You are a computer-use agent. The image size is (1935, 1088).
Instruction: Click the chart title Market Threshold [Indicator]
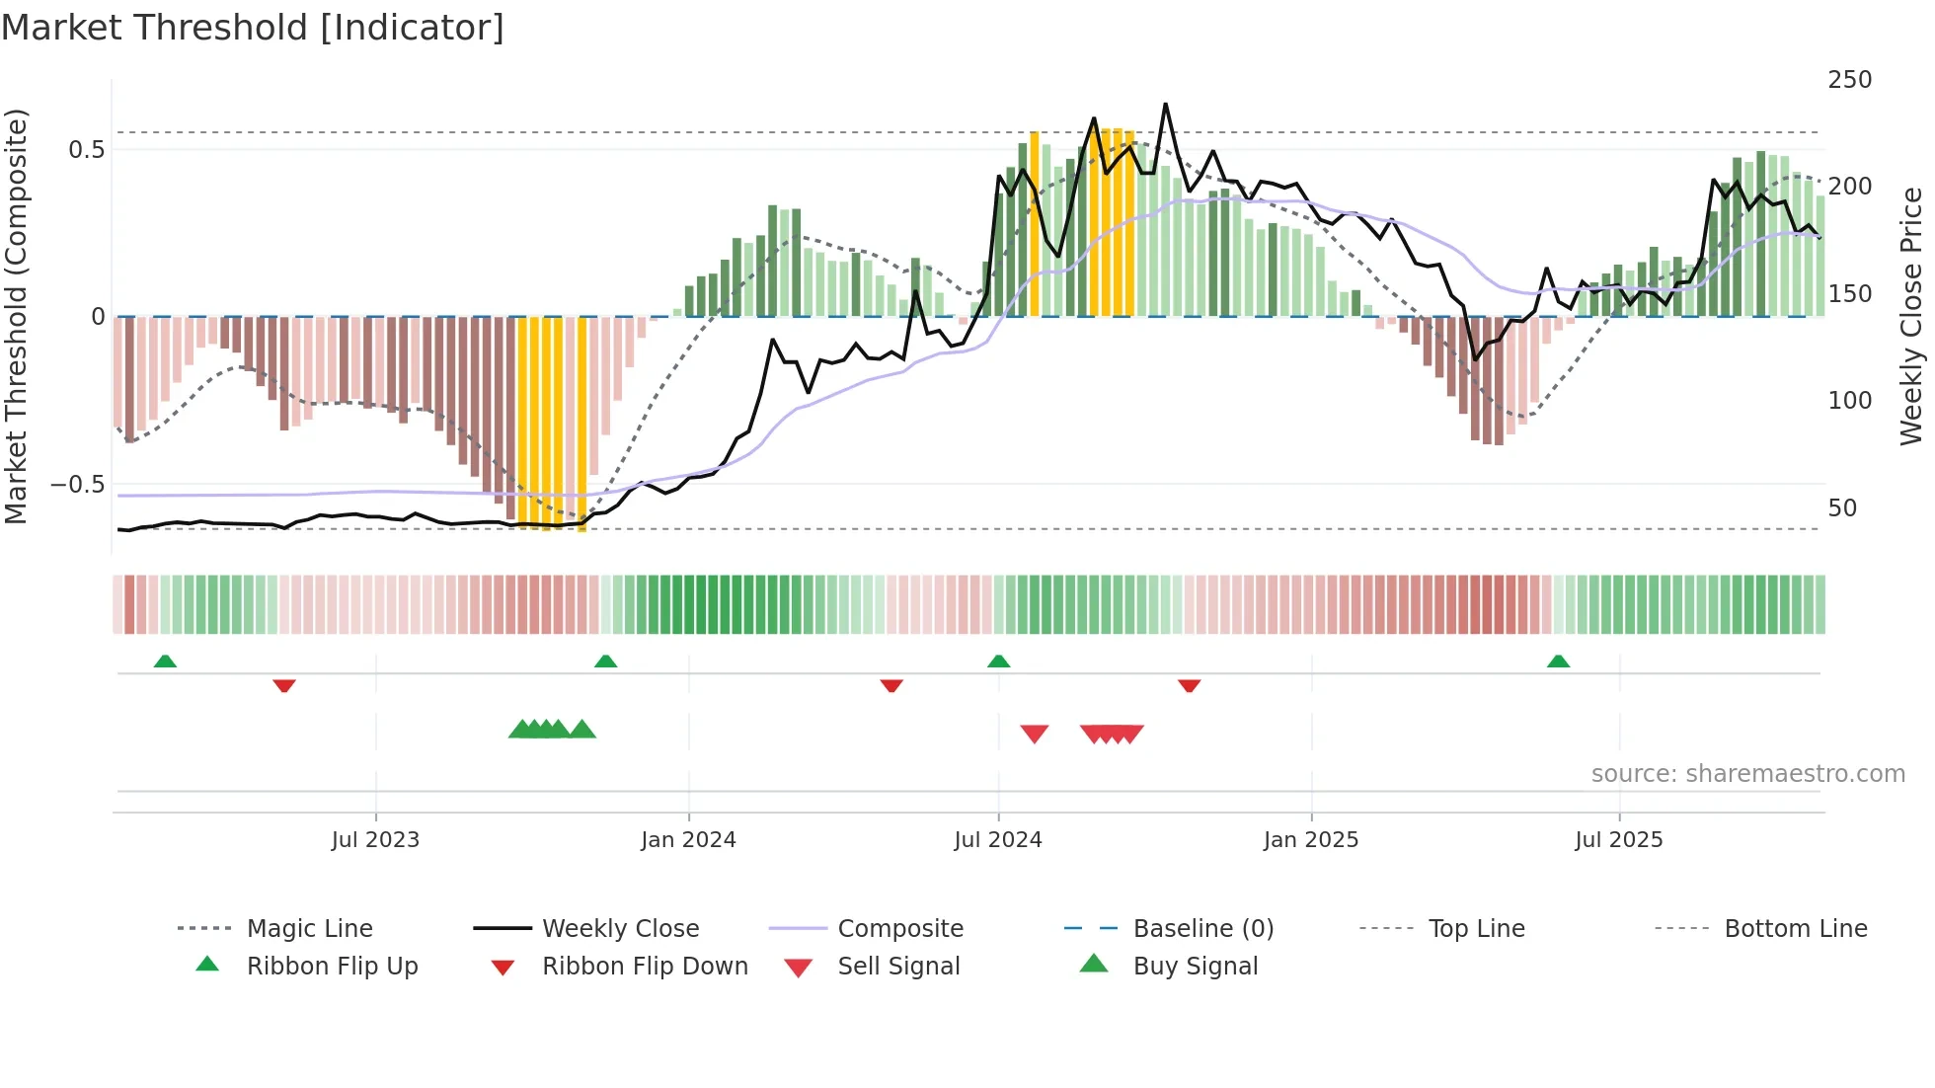[x=253, y=28]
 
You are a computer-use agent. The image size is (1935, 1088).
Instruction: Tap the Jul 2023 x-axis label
[x=375, y=840]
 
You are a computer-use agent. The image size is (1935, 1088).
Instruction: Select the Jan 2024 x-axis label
[x=688, y=840]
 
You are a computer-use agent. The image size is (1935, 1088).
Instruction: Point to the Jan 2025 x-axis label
[x=1311, y=840]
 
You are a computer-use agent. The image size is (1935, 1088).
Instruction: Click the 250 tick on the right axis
[x=1849, y=80]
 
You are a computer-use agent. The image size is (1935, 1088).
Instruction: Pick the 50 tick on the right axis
[x=1842, y=508]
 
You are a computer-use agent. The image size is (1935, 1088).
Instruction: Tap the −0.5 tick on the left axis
[x=78, y=484]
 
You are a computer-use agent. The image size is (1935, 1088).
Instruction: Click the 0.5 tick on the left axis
[x=86, y=149]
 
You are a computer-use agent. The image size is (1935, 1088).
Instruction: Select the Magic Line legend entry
[x=309, y=929]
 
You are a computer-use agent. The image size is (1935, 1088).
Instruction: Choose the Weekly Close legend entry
[x=620, y=929]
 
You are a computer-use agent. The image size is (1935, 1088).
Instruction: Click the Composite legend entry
[x=899, y=929]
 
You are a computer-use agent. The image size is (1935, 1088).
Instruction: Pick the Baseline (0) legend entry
[x=1202, y=929]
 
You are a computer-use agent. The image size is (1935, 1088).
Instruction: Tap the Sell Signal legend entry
[x=897, y=967]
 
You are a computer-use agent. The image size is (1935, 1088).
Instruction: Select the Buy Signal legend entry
[x=1195, y=967]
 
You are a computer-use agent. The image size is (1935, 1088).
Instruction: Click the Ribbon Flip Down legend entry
[x=644, y=967]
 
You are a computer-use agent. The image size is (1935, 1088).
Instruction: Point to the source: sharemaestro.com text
[x=1747, y=774]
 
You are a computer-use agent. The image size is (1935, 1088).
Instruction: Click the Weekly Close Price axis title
[x=1911, y=316]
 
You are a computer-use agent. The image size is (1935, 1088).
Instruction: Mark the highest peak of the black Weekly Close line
[x=1165, y=104]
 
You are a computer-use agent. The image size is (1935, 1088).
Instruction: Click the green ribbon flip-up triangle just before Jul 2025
[x=1558, y=661]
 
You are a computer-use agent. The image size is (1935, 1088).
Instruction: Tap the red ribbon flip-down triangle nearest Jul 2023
[x=284, y=685]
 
